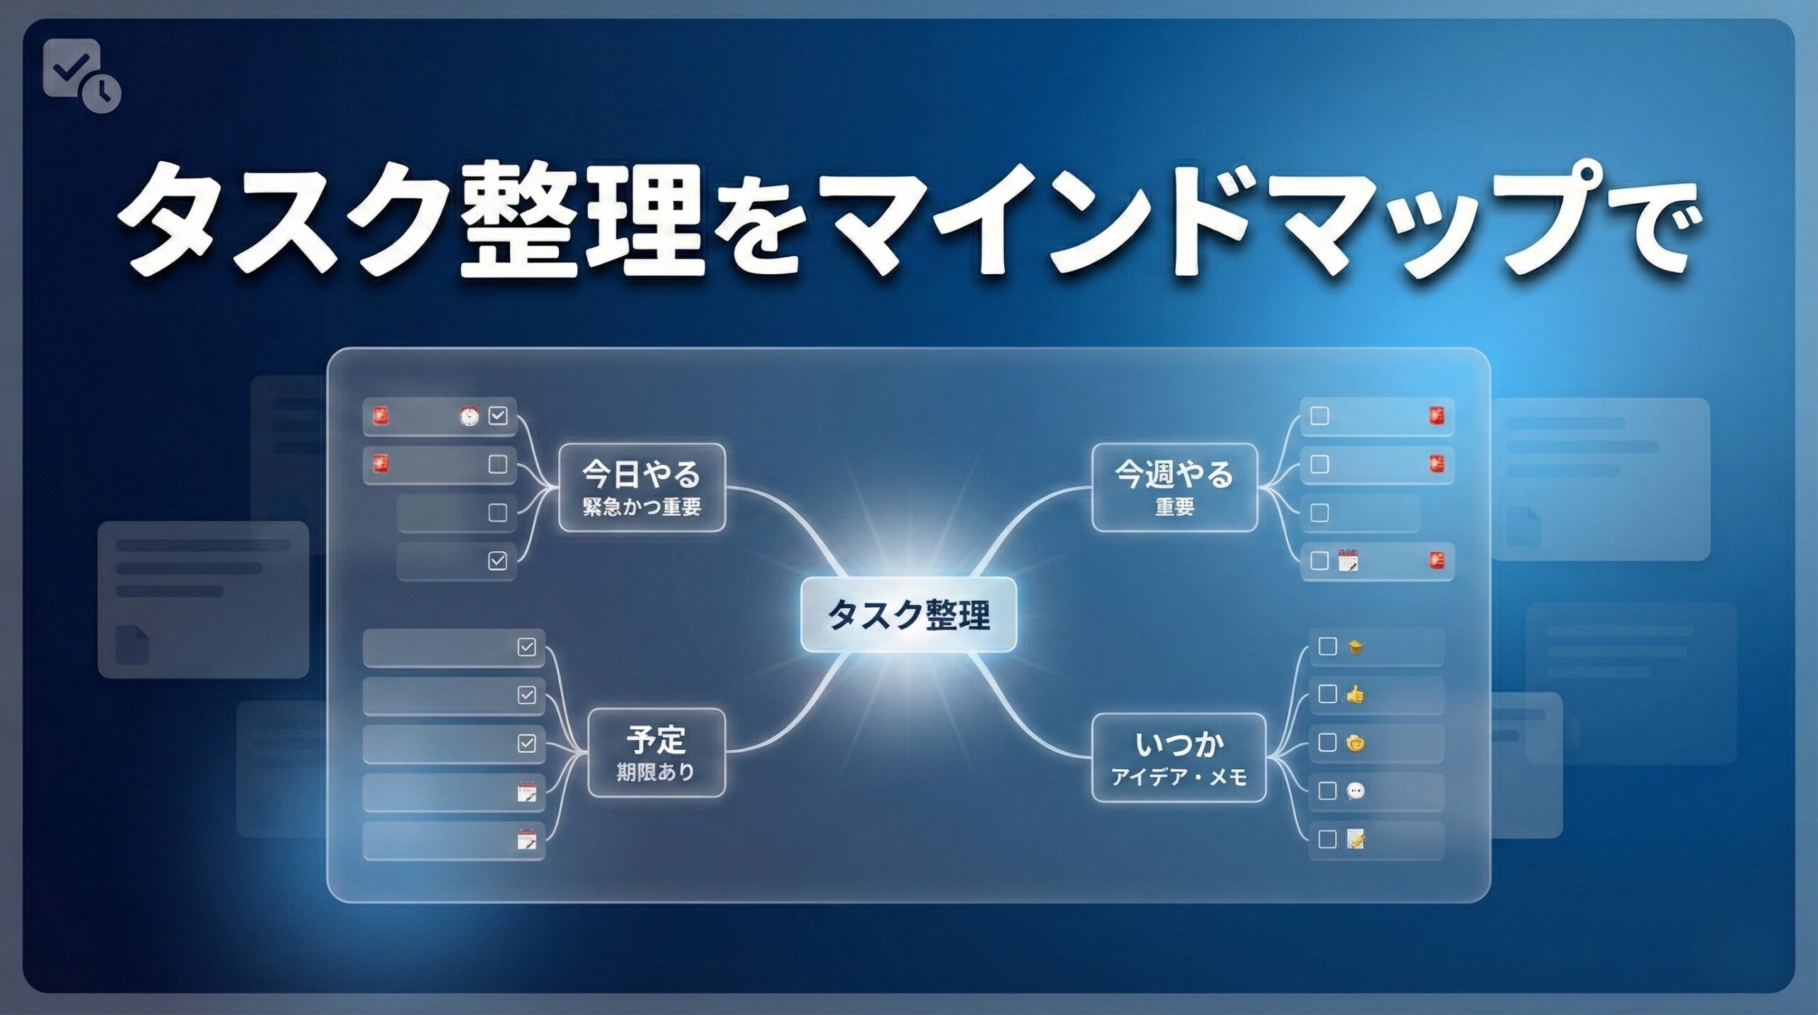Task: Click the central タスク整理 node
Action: [x=908, y=614]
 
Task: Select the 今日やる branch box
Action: [x=641, y=488]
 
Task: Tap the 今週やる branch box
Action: [x=1174, y=488]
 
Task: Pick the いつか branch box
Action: [x=1179, y=758]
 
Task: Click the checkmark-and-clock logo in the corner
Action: [x=81, y=75]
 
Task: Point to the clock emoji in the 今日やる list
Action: [x=469, y=416]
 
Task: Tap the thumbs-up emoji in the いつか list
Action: [x=1355, y=694]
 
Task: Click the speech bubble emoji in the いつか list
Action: [x=1355, y=791]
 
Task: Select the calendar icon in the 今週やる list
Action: [x=1347, y=560]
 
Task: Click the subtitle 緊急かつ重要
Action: [x=641, y=506]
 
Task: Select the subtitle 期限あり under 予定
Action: [x=655, y=772]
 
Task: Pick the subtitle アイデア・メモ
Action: [x=1179, y=778]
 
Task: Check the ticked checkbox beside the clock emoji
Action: [x=499, y=416]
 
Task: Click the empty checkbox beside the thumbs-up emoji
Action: [x=1327, y=694]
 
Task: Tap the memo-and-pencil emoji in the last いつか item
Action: [x=1356, y=839]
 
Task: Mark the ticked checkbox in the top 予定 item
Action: [x=526, y=647]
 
